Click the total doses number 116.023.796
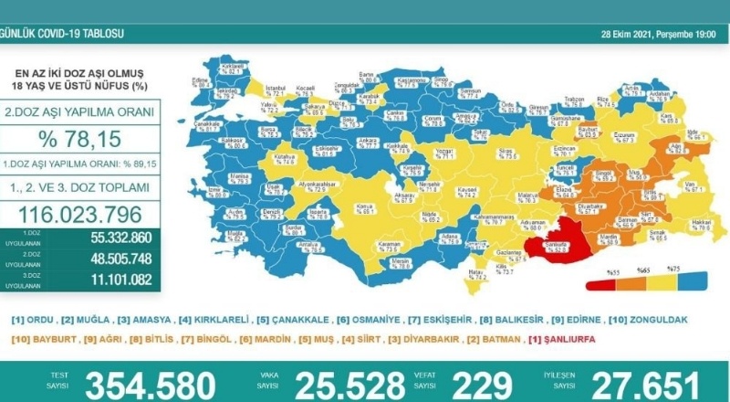pos(80,216)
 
